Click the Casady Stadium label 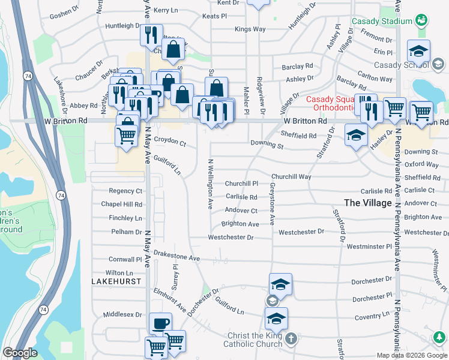coord(382,21)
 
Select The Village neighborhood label coord(368,203)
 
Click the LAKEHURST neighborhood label coord(116,281)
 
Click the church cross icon coord(291,339)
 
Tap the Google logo coord(20,353)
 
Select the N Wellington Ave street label coord(210,184)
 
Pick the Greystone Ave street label coord(272,205)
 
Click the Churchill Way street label coord(291,177)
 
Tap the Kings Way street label coord(250,29)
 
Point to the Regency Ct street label coord(125,191)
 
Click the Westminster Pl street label coord(369,247)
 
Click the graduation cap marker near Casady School coord(418,51)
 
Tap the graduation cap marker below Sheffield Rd coord(356,136)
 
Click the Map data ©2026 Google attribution coord(412,355)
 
